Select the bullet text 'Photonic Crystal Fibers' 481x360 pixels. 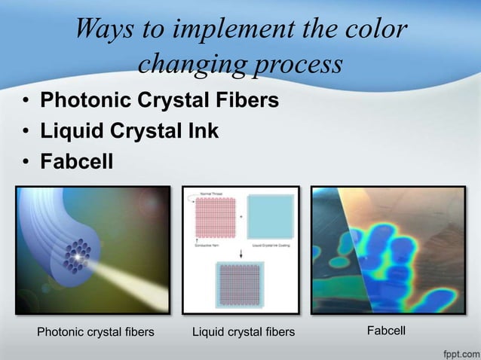click(x=159, y=100)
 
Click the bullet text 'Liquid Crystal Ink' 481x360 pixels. click(x=129, y=131)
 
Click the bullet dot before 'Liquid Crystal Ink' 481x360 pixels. click(x=26, y=132)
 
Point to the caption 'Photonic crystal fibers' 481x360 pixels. click(x=96, y=331)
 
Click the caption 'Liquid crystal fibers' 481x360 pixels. click(x=244, y=331)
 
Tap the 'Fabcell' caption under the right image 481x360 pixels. click(x=386, y=330)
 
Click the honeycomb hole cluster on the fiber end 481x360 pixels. click(x=76, y=255)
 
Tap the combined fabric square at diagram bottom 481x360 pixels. click(x=242, y=284)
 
